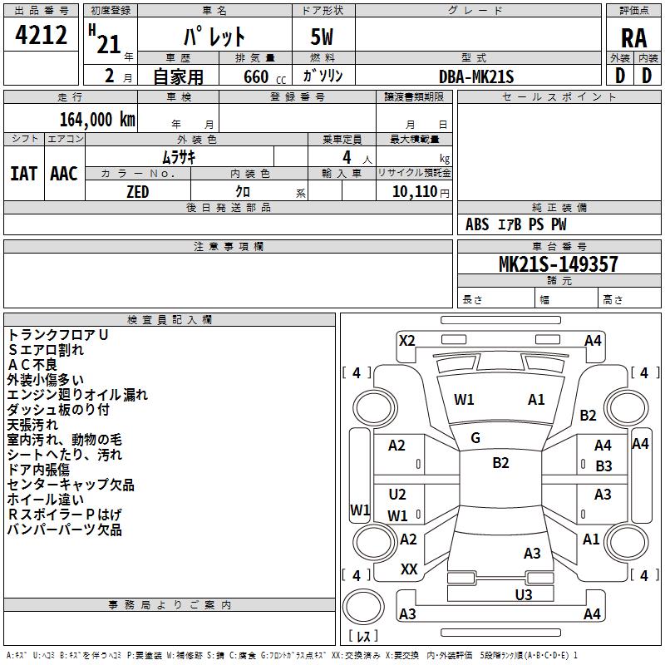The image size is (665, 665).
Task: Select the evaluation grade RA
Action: point(633,37)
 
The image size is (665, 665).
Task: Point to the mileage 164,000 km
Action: point(97,120)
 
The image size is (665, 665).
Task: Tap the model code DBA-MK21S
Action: point(476,76)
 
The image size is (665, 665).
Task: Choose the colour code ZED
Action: point(137,191)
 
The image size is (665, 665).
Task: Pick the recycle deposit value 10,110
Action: point(413,192)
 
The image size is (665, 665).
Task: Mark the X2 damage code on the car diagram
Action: point(406,340)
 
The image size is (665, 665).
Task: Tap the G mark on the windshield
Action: point(475,438)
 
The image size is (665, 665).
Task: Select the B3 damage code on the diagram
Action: point(603,466)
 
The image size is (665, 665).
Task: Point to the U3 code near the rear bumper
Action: point(523,594)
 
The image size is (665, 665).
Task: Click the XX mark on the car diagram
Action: point(409,569)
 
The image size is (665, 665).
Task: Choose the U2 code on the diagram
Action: point(397,495)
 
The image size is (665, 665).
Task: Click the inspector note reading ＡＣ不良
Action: point(32,364)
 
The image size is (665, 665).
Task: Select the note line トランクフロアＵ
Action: point(57,334)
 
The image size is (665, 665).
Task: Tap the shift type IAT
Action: point(23,174)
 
